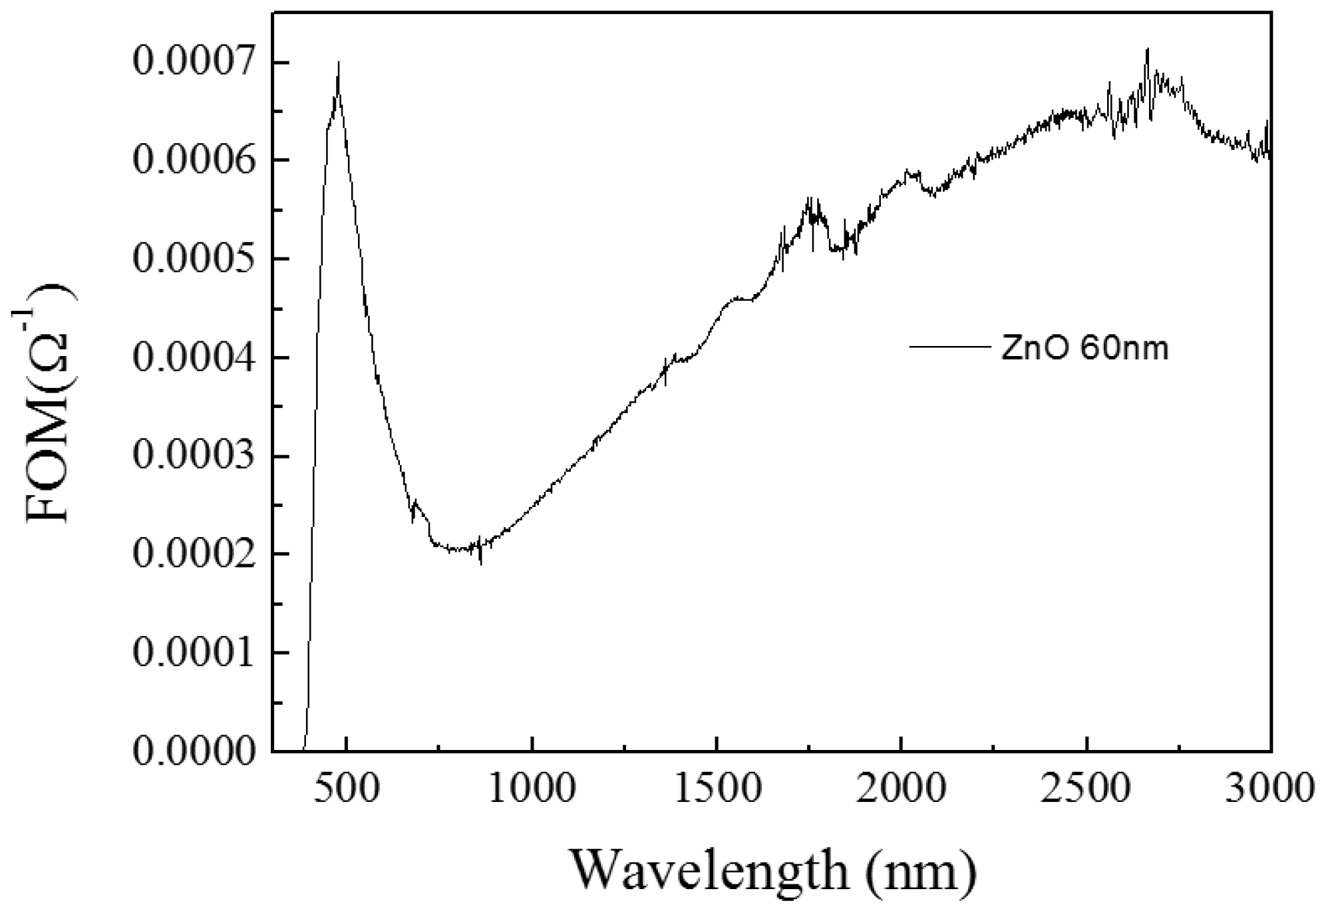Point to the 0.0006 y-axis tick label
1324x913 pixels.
click(x=193, y=160)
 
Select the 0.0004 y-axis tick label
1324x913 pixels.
click(x=193, y=357)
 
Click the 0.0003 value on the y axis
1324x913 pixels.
click(x=193, y=456)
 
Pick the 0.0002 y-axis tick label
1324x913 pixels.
click(x=193, y=554)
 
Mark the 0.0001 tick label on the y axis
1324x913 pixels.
click(x=193, y=653)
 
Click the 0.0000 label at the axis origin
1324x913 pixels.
click(x=193, y=751)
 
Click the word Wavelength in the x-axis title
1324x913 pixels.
click(x=708, y=869)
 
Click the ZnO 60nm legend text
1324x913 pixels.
click(x=1084, y=349)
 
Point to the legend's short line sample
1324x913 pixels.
click(x=949, y=346)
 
